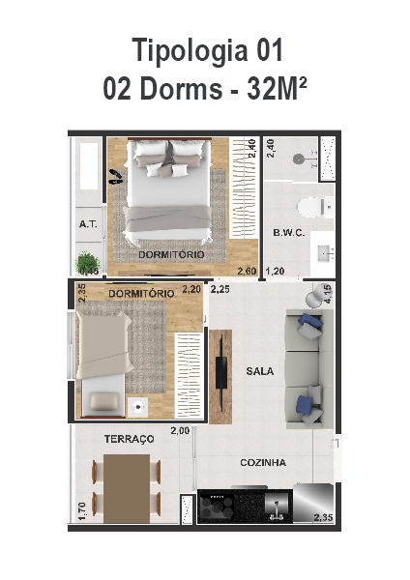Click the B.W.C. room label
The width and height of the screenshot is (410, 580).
(289, 233)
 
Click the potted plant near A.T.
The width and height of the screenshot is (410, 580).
(88, 262)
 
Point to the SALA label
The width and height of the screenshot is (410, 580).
(260, 370)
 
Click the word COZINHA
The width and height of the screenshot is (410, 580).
(263, 463)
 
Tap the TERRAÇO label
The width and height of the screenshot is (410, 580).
(129, 439)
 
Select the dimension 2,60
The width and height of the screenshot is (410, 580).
(248, 271)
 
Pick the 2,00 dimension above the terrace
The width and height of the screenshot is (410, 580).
(180, 430)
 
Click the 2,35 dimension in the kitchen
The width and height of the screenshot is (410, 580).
(323, 519)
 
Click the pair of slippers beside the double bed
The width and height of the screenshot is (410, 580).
(115, 177)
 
